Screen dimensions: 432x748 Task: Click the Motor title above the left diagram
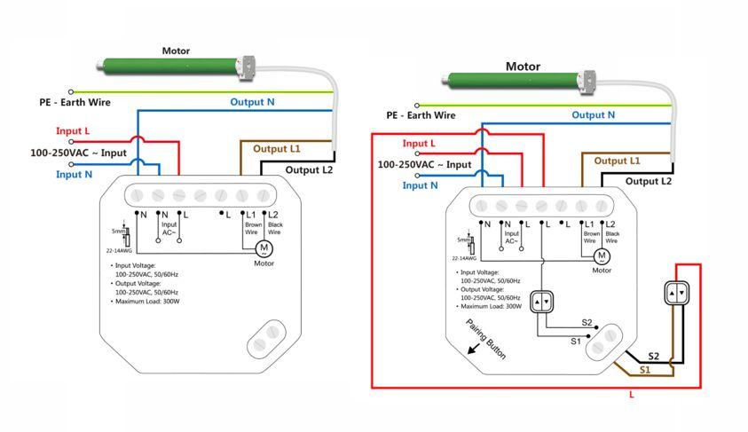(x=176, y=51)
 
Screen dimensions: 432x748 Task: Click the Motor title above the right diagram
(x=523, y=67)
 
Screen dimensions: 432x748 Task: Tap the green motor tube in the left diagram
(x=169, y=65)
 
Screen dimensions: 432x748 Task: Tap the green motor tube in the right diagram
(x=515, y=82)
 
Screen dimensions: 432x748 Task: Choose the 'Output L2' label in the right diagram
(x=649, y=181)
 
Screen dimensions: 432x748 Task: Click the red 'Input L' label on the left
(x=73, y=131)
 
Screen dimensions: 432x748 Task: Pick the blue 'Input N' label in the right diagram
(x=421, y=185)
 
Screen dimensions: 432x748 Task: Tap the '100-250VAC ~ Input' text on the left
(x=79, y=153)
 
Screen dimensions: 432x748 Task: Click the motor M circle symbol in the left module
(x=264, y=247)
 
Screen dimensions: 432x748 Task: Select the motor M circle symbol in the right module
(x=602, y=255)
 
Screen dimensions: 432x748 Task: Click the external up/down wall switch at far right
(x=677, y=292)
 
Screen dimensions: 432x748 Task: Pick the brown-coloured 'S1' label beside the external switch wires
(x=645, y=368)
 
